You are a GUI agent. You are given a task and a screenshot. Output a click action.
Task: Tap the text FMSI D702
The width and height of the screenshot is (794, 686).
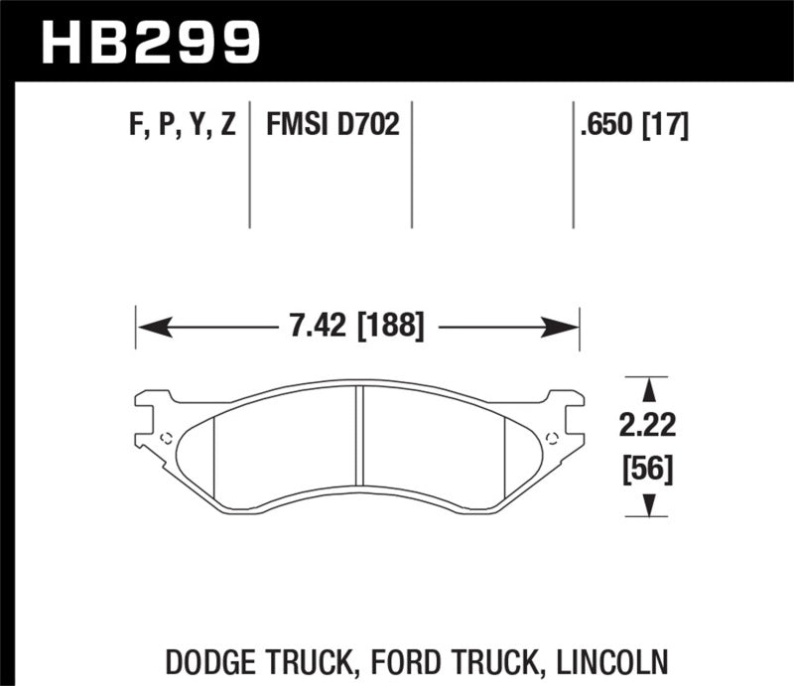point(331,125)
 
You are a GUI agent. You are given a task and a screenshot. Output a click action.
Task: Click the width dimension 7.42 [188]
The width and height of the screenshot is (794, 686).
point(357,326)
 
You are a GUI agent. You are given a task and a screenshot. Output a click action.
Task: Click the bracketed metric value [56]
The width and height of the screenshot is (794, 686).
point(651,467)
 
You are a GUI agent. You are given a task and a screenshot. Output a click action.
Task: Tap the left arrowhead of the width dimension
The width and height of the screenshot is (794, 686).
point(147,326)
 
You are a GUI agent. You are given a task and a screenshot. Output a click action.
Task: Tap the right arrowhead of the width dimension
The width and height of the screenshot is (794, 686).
point(568,326)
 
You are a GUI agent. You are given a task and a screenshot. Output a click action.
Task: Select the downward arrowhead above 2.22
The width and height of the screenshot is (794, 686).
point(651,389)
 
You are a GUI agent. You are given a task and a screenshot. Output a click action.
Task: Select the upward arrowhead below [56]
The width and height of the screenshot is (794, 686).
point(651,506)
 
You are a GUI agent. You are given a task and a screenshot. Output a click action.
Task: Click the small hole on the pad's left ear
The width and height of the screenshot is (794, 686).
point(166,440)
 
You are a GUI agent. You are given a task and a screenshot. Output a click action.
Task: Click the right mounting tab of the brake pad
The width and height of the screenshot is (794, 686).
point(564,417)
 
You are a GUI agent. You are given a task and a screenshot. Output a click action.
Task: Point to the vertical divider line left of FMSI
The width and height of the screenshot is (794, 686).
point(249,164)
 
